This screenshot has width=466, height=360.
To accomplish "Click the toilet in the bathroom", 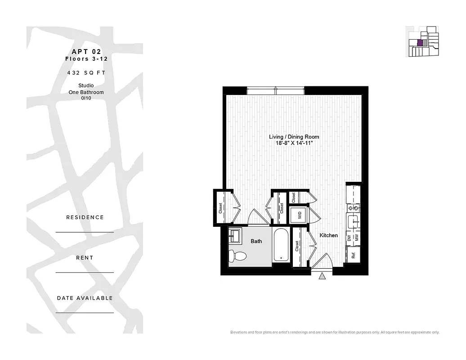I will coord(238,256).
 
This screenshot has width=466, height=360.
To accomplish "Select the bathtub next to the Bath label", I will coord(281,245).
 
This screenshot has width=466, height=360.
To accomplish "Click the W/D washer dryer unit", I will coord(298,215).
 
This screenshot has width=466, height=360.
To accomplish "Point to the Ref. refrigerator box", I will coord(353,255).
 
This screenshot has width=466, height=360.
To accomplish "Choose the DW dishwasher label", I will coord(349,238).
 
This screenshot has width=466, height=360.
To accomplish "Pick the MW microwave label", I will coord(356,238).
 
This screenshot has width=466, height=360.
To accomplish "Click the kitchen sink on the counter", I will coord(353,221).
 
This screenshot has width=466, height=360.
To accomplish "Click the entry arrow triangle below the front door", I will coord(322,277).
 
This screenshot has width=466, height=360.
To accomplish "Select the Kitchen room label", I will coord(328,235).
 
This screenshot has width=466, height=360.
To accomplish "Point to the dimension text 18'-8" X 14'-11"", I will coord(294,143).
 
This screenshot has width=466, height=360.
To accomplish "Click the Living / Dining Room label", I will coord(294,137).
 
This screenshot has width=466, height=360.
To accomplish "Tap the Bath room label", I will coord(256,241).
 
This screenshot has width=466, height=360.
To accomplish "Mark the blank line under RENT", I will coord(85,272).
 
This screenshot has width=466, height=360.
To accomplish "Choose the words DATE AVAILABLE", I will coord(85,298).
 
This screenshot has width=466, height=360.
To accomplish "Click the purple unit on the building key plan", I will coord(420,43).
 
